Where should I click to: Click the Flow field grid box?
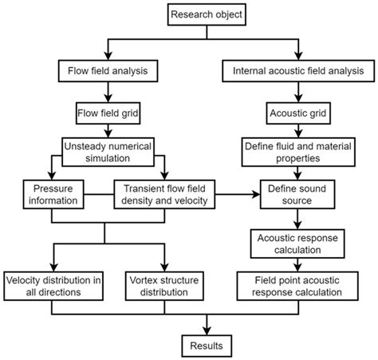(x=108, y=113)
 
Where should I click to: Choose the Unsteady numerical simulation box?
(x=108, y=152)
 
